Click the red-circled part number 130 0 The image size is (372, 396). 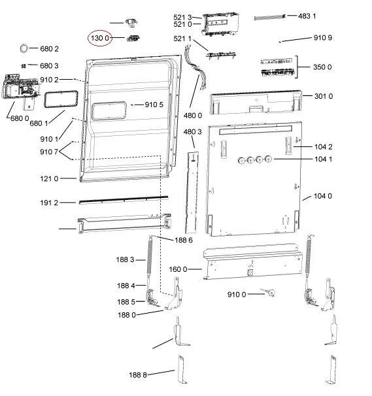click(100, 38)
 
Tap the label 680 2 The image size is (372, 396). click(49, 49)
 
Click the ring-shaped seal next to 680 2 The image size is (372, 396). click(24, 48)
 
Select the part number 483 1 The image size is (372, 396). click(307, 16)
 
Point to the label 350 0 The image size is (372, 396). click(322, 67)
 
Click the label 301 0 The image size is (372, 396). click(324, 96)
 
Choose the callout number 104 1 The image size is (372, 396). click(323, 159)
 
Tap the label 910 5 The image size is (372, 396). click(154, 105)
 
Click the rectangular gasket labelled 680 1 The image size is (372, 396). click(61, 99)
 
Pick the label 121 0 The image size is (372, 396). click(49, 179)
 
